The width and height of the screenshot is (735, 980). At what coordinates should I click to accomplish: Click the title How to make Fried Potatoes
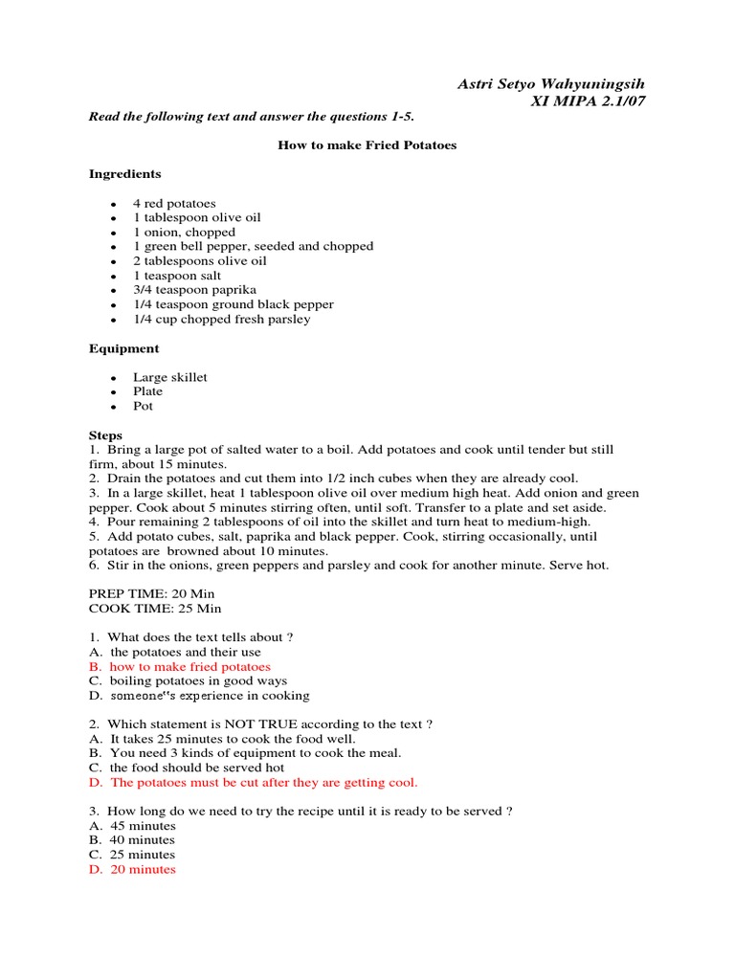point(367,145)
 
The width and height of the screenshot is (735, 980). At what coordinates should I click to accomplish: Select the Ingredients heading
point(125,174)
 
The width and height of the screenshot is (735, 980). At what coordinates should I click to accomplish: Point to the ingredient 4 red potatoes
point(174,203)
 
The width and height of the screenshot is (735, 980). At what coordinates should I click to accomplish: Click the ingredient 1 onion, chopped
point(184,232)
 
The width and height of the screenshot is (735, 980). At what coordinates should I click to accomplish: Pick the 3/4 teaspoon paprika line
point(194,290)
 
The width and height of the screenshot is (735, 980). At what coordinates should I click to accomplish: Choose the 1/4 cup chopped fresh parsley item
point(221,319)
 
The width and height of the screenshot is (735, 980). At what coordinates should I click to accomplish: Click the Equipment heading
point(124,348)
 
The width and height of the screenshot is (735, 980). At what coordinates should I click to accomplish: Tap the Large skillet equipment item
point(169,377)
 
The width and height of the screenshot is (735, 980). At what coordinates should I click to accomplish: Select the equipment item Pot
point(143,406)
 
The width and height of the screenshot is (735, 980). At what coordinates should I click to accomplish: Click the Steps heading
point(105,435)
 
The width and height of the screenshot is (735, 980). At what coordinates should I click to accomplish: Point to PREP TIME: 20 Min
point(152,593)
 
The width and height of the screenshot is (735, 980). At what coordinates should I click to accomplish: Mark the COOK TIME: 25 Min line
point(155,608)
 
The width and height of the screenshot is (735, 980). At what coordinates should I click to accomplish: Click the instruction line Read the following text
point(252,117)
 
